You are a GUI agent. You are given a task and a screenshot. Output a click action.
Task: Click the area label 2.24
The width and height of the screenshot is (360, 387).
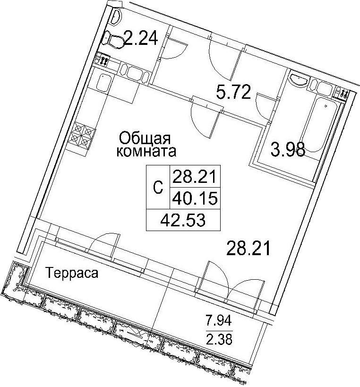(x=141, y=38)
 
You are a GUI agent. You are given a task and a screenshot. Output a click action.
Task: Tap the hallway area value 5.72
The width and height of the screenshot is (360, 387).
(x=233, y=92)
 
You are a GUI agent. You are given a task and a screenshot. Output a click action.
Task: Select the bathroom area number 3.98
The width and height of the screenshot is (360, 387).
(x=288, y=149)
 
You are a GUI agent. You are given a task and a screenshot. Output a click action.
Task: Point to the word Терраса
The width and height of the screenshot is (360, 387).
(x=72, y=273)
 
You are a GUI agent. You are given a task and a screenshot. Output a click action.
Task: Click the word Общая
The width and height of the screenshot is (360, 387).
(x=145, y=138)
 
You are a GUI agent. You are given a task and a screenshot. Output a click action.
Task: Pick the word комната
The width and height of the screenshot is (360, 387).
(x=146, y=152)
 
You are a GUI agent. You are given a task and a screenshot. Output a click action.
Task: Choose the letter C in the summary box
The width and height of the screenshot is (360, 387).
(x=158, y=188)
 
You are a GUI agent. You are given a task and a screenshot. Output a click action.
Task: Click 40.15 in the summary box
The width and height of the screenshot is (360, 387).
(x=195, y=198)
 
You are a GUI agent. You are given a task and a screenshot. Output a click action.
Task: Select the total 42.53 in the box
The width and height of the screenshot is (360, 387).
(x=183, y=220)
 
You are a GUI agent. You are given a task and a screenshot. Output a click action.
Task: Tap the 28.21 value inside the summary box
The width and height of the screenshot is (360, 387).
(x=195, y=176)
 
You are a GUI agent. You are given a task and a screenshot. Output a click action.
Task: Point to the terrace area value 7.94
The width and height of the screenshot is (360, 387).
(x=219, y=321)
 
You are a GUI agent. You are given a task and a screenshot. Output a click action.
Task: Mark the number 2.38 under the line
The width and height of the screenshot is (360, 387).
(x=219, y=339)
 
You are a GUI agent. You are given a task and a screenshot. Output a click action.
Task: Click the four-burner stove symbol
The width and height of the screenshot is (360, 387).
(x=82, y=136)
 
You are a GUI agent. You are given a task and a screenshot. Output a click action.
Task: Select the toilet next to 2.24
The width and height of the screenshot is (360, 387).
(x=113, y=41)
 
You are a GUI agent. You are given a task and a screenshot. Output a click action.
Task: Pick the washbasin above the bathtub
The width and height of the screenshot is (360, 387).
(x=299, y=79)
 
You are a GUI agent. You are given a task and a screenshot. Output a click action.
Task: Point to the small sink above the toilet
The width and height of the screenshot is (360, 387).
(x=117, y=17)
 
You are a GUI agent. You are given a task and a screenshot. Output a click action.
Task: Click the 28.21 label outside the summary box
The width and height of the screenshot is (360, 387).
(x=248, y=249)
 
